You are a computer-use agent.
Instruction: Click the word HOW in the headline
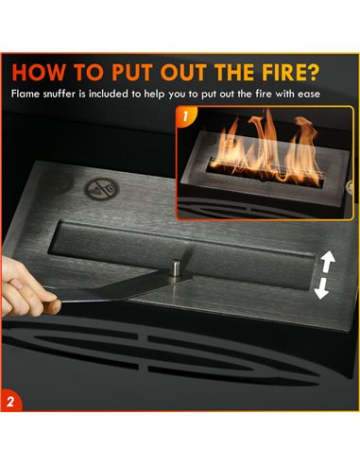[38, 73]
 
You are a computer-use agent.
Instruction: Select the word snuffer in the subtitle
[60, 94]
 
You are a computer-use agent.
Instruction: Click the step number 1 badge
[185, 116]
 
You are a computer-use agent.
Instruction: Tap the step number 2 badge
[10, 402]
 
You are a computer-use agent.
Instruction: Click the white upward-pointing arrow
[327, 262]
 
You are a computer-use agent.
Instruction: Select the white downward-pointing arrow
[322, 288]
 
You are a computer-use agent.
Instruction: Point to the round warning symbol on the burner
[101, 189]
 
